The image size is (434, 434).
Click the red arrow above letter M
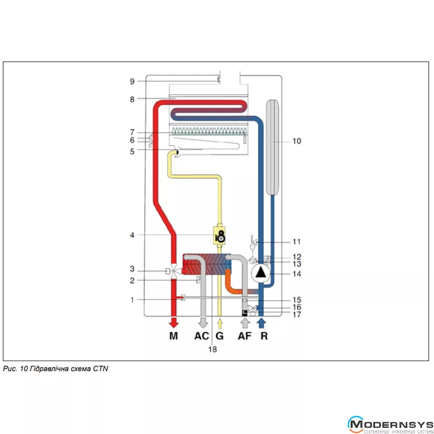(174, 323)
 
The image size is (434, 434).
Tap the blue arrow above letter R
(261, 323)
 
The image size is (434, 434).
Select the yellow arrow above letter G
(220, 323)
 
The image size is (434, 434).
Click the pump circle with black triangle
(261, 273)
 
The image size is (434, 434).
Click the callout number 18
(212, 349)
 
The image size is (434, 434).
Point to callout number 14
(297, 274)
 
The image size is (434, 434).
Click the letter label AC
(201, 336)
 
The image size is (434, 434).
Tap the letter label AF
(244, 336)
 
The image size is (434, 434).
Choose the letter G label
(220, 336)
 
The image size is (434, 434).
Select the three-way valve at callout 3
(174, 272)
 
